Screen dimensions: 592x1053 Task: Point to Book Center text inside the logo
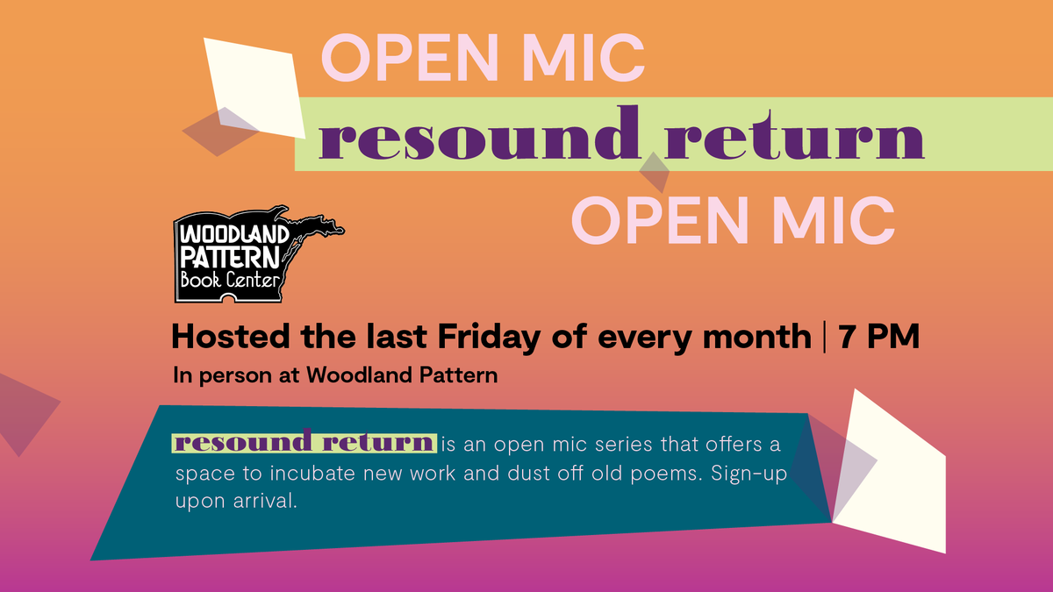point(230,282)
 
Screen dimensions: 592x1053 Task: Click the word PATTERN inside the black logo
point(229,257)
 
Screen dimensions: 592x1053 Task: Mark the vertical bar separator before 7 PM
point(826,337)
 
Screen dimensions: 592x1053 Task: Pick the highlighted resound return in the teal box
point(304,442)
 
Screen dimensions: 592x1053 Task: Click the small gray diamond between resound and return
point(655,171)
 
